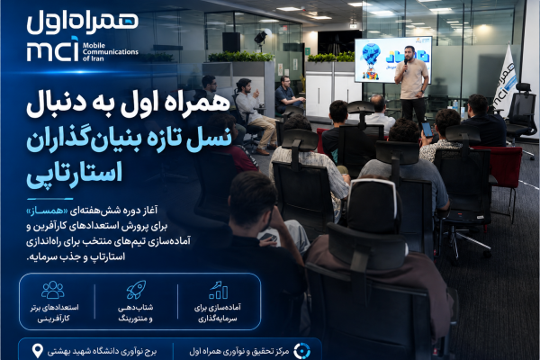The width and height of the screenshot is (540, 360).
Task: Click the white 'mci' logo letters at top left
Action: tap(53, 50)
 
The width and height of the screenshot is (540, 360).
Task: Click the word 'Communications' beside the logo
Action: tap(110, 52)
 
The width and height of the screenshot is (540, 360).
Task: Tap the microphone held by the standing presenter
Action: tap(405, 63)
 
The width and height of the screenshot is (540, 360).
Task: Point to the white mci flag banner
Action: tap(505, 80)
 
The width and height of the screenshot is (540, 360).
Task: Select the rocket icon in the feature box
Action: tap(136, 290)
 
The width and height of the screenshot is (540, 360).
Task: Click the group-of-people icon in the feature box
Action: tap(53, 290)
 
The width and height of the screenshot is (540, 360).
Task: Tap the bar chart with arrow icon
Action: tap(218, 290)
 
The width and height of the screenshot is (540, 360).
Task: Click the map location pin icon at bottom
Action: tap(37, 351)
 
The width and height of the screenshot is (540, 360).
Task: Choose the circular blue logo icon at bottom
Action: tap(302, 351)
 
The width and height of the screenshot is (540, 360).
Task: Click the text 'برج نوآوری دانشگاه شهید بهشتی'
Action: tap(102, 351)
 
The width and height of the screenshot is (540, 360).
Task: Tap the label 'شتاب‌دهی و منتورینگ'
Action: tap(135, 313)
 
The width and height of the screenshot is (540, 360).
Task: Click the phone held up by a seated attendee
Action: tap(427, 130)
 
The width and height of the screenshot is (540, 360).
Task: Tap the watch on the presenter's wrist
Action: tap(422, 92)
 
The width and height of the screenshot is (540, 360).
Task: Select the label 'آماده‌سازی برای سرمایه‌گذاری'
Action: tap(218, 313)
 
